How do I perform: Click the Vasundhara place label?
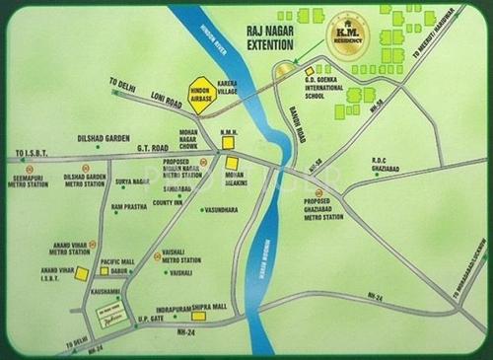point(220,209)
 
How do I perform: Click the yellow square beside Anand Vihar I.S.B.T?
point(82,273)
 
